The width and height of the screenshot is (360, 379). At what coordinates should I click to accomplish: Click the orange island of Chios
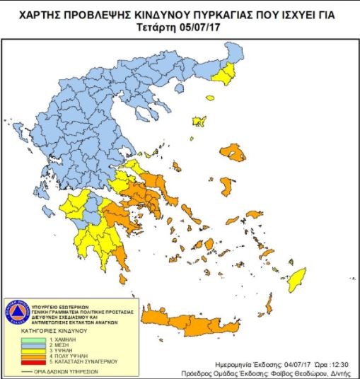[x=226, y=187]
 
